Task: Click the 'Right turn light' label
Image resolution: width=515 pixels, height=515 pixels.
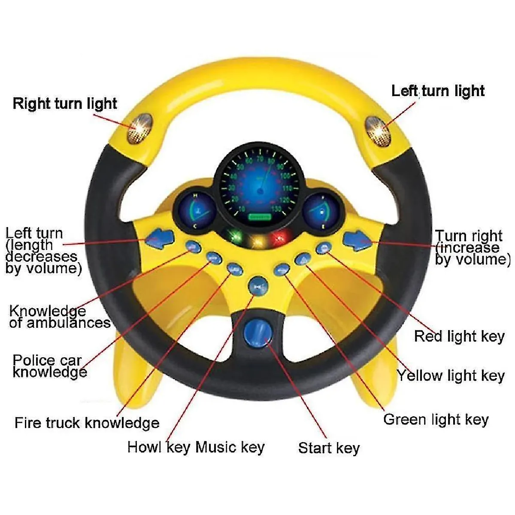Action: click(x=64, y=103)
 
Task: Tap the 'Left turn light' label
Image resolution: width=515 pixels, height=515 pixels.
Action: click(x=438, y=91)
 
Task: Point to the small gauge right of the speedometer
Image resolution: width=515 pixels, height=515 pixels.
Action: click(x=319, y=210)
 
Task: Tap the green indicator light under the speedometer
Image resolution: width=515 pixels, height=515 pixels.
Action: click(x=234, y=237)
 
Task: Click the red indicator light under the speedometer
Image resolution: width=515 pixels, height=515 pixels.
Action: click(x=281, y=237)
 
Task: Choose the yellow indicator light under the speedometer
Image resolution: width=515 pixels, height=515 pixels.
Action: click(x=257, y=239)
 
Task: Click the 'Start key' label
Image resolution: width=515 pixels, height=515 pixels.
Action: click(x=329, y=448)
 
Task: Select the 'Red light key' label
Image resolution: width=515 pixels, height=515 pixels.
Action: click(x=459, y=336)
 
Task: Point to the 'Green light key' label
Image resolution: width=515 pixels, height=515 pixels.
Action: click(x=436, y=419)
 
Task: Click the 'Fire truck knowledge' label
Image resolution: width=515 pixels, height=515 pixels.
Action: click(x=87, y=423)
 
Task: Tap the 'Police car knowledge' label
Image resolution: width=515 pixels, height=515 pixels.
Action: click(x=49, y=366)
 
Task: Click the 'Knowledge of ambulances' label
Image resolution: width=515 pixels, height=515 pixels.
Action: click(x=60, y=317)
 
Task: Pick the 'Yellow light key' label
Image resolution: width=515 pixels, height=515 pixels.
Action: click(x=450, y=376)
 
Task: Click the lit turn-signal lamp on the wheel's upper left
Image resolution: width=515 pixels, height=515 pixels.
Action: click(x=140, y=128)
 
